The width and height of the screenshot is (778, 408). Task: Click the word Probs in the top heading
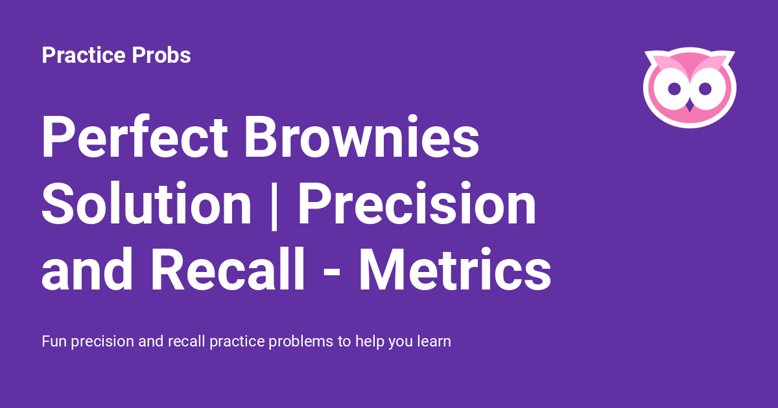click(x=161, y=56)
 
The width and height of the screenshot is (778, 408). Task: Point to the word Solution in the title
click(x=147, y=204)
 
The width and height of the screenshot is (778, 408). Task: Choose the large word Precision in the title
click(x=417, y=204)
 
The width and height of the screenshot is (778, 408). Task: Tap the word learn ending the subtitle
click(x=433, y=341)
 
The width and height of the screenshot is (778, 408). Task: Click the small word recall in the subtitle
click(x=185, y=341)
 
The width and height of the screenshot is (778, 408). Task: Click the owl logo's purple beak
click(x=690, y=105)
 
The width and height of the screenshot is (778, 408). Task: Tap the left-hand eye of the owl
click(x=674, y=88)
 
